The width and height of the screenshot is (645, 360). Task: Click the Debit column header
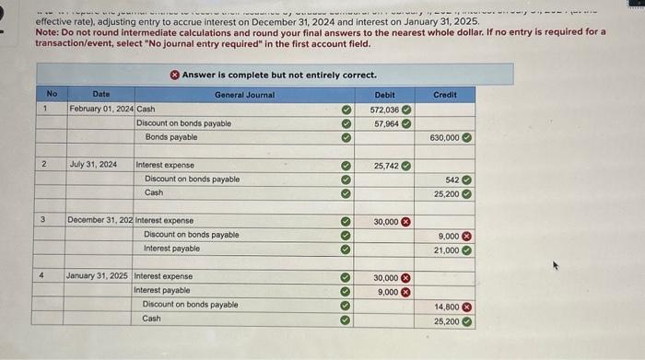click(x=384, y=94)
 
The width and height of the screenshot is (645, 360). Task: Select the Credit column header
click(x=444, y=94)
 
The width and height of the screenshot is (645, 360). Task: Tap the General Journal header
click(x=244, y=94)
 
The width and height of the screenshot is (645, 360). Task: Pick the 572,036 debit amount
click(x=383, y=109)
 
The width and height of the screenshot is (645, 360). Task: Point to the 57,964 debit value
click(x=386, y=123)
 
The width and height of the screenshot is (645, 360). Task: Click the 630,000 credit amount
click(x=444, y=137)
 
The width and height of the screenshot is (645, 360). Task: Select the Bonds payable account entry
click(x=170, y=137)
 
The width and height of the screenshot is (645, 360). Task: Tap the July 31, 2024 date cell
click(x=93, y=165)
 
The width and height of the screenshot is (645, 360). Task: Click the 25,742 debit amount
click(x=386, y=165)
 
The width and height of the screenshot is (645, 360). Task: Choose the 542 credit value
click(x=451, y=179)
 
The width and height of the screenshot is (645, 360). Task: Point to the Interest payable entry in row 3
click(x=171, y=249)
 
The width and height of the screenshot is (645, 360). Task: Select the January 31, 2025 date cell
click(x=97, y=276)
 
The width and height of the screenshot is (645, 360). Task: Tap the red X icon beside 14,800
click(x=466, y=305)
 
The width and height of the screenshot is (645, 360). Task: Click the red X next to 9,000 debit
click(x=405, y=291)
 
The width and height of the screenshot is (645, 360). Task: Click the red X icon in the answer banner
click(x=174, y=74)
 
